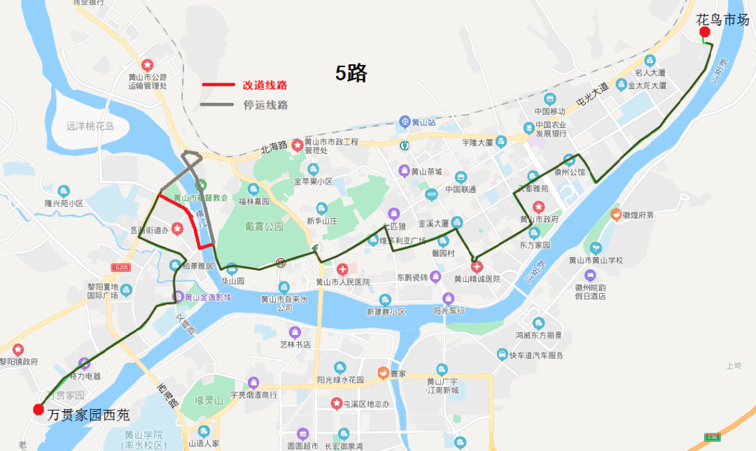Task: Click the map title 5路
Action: tap(351, 73)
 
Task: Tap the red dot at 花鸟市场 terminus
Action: tap(704, 32)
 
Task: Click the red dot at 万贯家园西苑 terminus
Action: tap(38, 409)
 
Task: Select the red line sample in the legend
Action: tap(218, 85)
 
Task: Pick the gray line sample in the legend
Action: tap(218, 106)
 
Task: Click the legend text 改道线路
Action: tap(265, 85)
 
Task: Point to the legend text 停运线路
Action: tap(265, 106)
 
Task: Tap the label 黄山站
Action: tap(423, 122)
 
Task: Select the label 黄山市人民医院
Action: tap(342, 282)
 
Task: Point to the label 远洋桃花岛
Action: tap(90, 127)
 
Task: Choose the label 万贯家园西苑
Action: tap(89, 415)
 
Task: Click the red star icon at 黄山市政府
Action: tap(538, 207)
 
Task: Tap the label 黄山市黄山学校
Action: tap(596, 260)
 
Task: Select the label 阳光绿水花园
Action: tap(340, 380)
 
